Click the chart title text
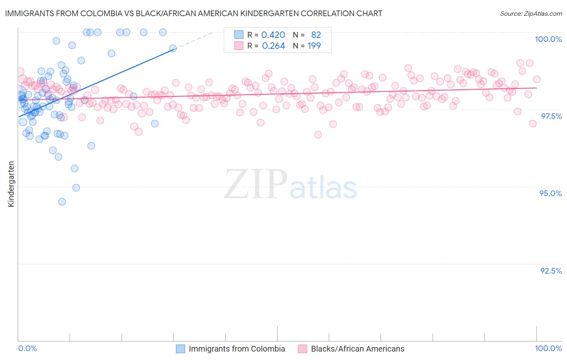194,13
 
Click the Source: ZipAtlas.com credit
531,13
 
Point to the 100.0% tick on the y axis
548,39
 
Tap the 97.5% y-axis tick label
551,116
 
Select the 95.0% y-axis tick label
550,193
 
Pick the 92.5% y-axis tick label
551,271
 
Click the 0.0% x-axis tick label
28,348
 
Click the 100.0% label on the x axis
548,348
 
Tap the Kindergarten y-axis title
11,184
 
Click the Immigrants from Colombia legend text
237,349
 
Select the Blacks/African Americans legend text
358,349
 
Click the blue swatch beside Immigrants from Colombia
181,349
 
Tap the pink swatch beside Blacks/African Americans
302,349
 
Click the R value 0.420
273,35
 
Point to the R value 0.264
273,46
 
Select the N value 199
314,46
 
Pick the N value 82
316,35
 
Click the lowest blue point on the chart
62,202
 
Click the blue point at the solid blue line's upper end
173,48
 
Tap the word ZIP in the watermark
256,184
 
